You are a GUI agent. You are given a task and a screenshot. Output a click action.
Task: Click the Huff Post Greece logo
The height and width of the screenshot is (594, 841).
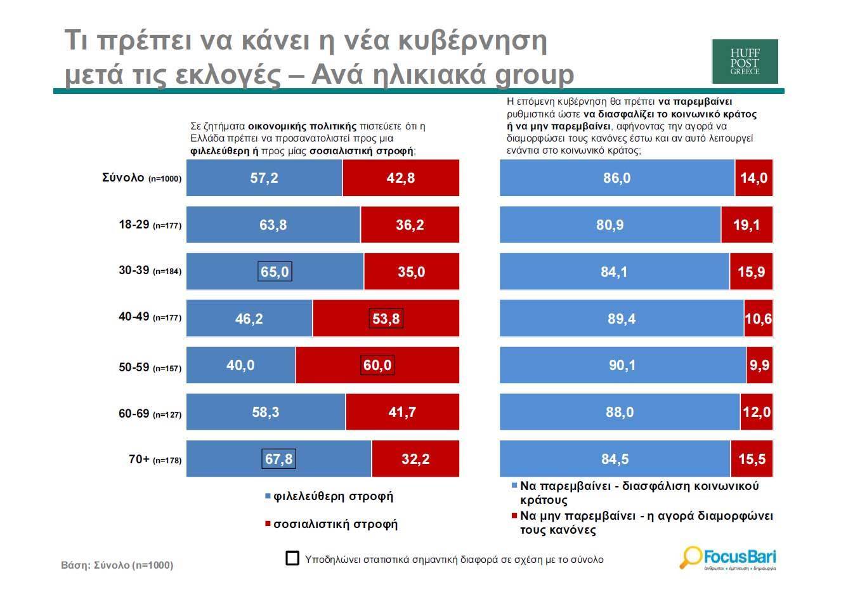pyautogui.click(x=745, y=62)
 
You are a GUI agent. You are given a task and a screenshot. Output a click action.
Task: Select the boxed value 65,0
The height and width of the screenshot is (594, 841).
pyautogui.click(x=275, y=272)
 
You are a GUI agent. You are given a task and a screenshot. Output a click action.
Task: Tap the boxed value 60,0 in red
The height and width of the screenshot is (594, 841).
pyautogui.click(x=377, y=366)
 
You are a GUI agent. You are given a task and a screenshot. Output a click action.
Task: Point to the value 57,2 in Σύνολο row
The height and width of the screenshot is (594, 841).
pyautogui.click(x=264, y=178)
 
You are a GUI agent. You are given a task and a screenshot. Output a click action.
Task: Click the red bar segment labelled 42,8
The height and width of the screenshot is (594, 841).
pyautogui.click(x=400, y=178)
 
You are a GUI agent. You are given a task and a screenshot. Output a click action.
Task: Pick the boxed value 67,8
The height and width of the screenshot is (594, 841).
pyautogui.click(x=278, y=459)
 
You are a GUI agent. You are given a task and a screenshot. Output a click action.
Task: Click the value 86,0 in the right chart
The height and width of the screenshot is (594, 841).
pyautogui.click(x=616, y=178)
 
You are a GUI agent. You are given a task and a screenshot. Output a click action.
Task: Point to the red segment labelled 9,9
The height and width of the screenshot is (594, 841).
pyautogui.click(x=759, y=366)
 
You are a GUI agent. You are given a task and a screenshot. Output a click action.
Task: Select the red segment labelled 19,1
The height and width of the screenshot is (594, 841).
pyautogui.click(x=746, y=225)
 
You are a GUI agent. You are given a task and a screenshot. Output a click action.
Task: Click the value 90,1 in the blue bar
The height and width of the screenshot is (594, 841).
pyautogui.click(x=622, y=366)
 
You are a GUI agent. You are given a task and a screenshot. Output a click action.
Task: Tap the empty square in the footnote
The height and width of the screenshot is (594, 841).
pyautogui.click(x=292, y=558)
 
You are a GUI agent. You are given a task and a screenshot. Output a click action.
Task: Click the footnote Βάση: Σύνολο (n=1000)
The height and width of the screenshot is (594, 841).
pyautogui.click(x=117, y=565)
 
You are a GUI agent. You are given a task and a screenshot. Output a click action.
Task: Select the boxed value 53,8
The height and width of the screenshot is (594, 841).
pyautogui.click(x=386, y=319)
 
